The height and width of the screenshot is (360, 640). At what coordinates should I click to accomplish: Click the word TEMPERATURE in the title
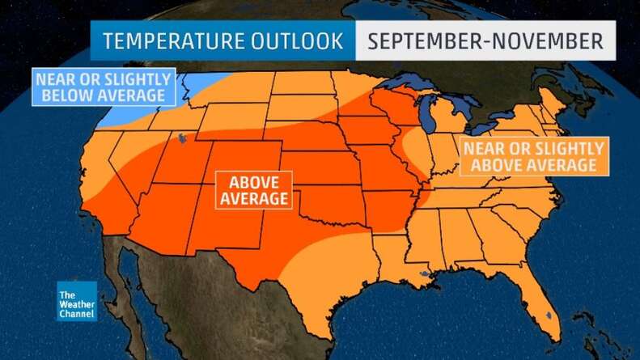coord(170,40)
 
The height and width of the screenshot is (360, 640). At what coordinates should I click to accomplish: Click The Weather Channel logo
coord(76,301)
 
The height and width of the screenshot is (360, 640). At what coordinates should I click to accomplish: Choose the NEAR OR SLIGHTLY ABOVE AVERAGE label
coord(532,156)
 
